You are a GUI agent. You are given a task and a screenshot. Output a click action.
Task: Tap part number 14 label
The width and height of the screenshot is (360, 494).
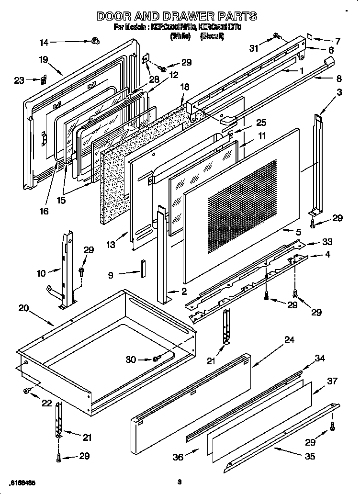coord(44,43)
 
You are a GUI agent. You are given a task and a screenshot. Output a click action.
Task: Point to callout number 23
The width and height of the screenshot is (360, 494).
coord(19,80)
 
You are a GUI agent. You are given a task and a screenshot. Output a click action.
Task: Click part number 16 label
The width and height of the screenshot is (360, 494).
coord(44,211)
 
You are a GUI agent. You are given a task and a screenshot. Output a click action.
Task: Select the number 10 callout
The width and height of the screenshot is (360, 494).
coord(41,273)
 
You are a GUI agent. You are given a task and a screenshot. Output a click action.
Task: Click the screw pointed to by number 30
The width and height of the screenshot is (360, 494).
coord(157,359)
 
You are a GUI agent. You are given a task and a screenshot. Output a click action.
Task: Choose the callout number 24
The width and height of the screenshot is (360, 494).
coord(289,340)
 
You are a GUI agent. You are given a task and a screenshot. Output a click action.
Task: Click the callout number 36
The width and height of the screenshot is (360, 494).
coord(178,457)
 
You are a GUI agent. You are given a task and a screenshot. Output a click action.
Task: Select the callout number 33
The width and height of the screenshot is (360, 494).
coord(327,242)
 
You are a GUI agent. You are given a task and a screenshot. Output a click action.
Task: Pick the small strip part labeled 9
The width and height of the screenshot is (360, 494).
coord(142,269)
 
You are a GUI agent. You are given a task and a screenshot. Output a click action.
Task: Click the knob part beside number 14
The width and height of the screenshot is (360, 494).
coord(95,42)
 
